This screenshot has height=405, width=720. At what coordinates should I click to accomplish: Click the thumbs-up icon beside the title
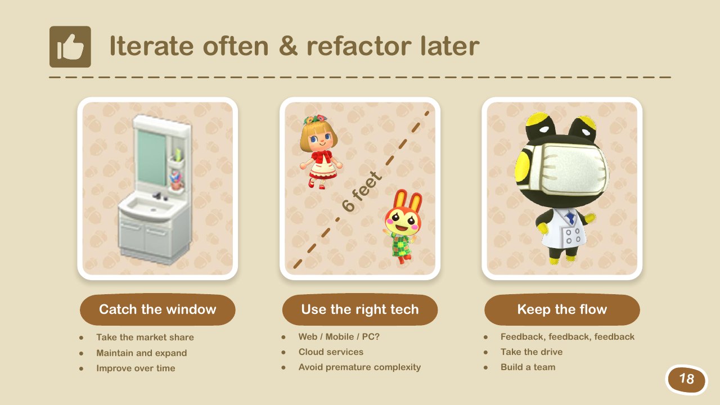70,47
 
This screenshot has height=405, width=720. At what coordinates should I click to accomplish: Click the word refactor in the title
359,46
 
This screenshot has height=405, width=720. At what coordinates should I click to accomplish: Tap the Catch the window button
157,309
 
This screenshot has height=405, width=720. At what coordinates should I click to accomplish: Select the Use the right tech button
360,309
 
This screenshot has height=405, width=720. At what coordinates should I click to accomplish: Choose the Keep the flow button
562,309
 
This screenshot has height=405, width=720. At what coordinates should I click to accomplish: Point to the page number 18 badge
686,379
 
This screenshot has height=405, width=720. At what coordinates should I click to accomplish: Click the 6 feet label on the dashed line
362,191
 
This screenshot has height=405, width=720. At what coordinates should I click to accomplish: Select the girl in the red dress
320,152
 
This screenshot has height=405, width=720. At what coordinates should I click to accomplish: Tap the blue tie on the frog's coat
571,218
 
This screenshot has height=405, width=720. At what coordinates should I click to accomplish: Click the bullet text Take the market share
145,337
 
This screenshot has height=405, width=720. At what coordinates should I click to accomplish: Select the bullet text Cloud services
331,352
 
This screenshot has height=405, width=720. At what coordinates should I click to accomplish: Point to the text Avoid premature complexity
359,367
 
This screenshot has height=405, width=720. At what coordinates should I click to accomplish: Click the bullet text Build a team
528,367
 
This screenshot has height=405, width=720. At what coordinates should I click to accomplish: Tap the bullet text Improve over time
136,368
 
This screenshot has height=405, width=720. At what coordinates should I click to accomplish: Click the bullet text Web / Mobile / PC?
339,336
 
